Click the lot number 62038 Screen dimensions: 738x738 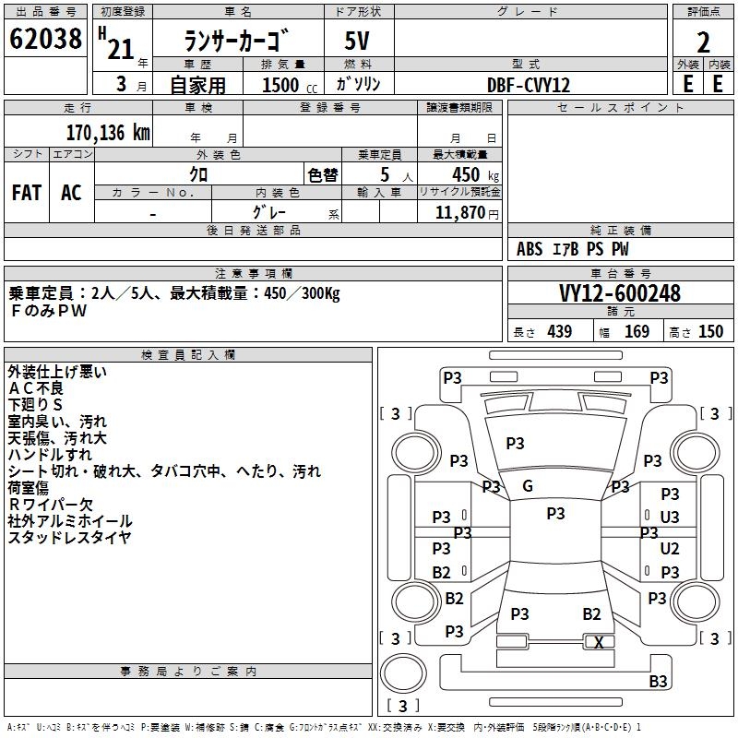45,39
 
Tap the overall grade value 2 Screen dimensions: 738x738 703,42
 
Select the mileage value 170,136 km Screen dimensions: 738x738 108,133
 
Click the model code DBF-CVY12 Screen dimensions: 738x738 529,85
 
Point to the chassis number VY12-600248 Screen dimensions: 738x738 620,293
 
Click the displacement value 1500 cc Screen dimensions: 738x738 290,85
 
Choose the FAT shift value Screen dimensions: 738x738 27,193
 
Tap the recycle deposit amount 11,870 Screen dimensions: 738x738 460,213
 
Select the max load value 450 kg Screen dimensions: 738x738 475,175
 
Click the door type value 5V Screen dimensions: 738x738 357,41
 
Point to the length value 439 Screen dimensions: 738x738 560,332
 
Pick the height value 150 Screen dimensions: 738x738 710,332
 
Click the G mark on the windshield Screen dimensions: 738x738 528,486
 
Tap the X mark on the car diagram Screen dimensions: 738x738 599,642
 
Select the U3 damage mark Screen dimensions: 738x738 670,518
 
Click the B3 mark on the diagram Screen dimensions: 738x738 658,681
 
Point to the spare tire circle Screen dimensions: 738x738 403,673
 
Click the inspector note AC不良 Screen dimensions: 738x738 36,388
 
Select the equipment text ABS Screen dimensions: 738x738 530,249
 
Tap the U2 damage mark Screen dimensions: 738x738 670,548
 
